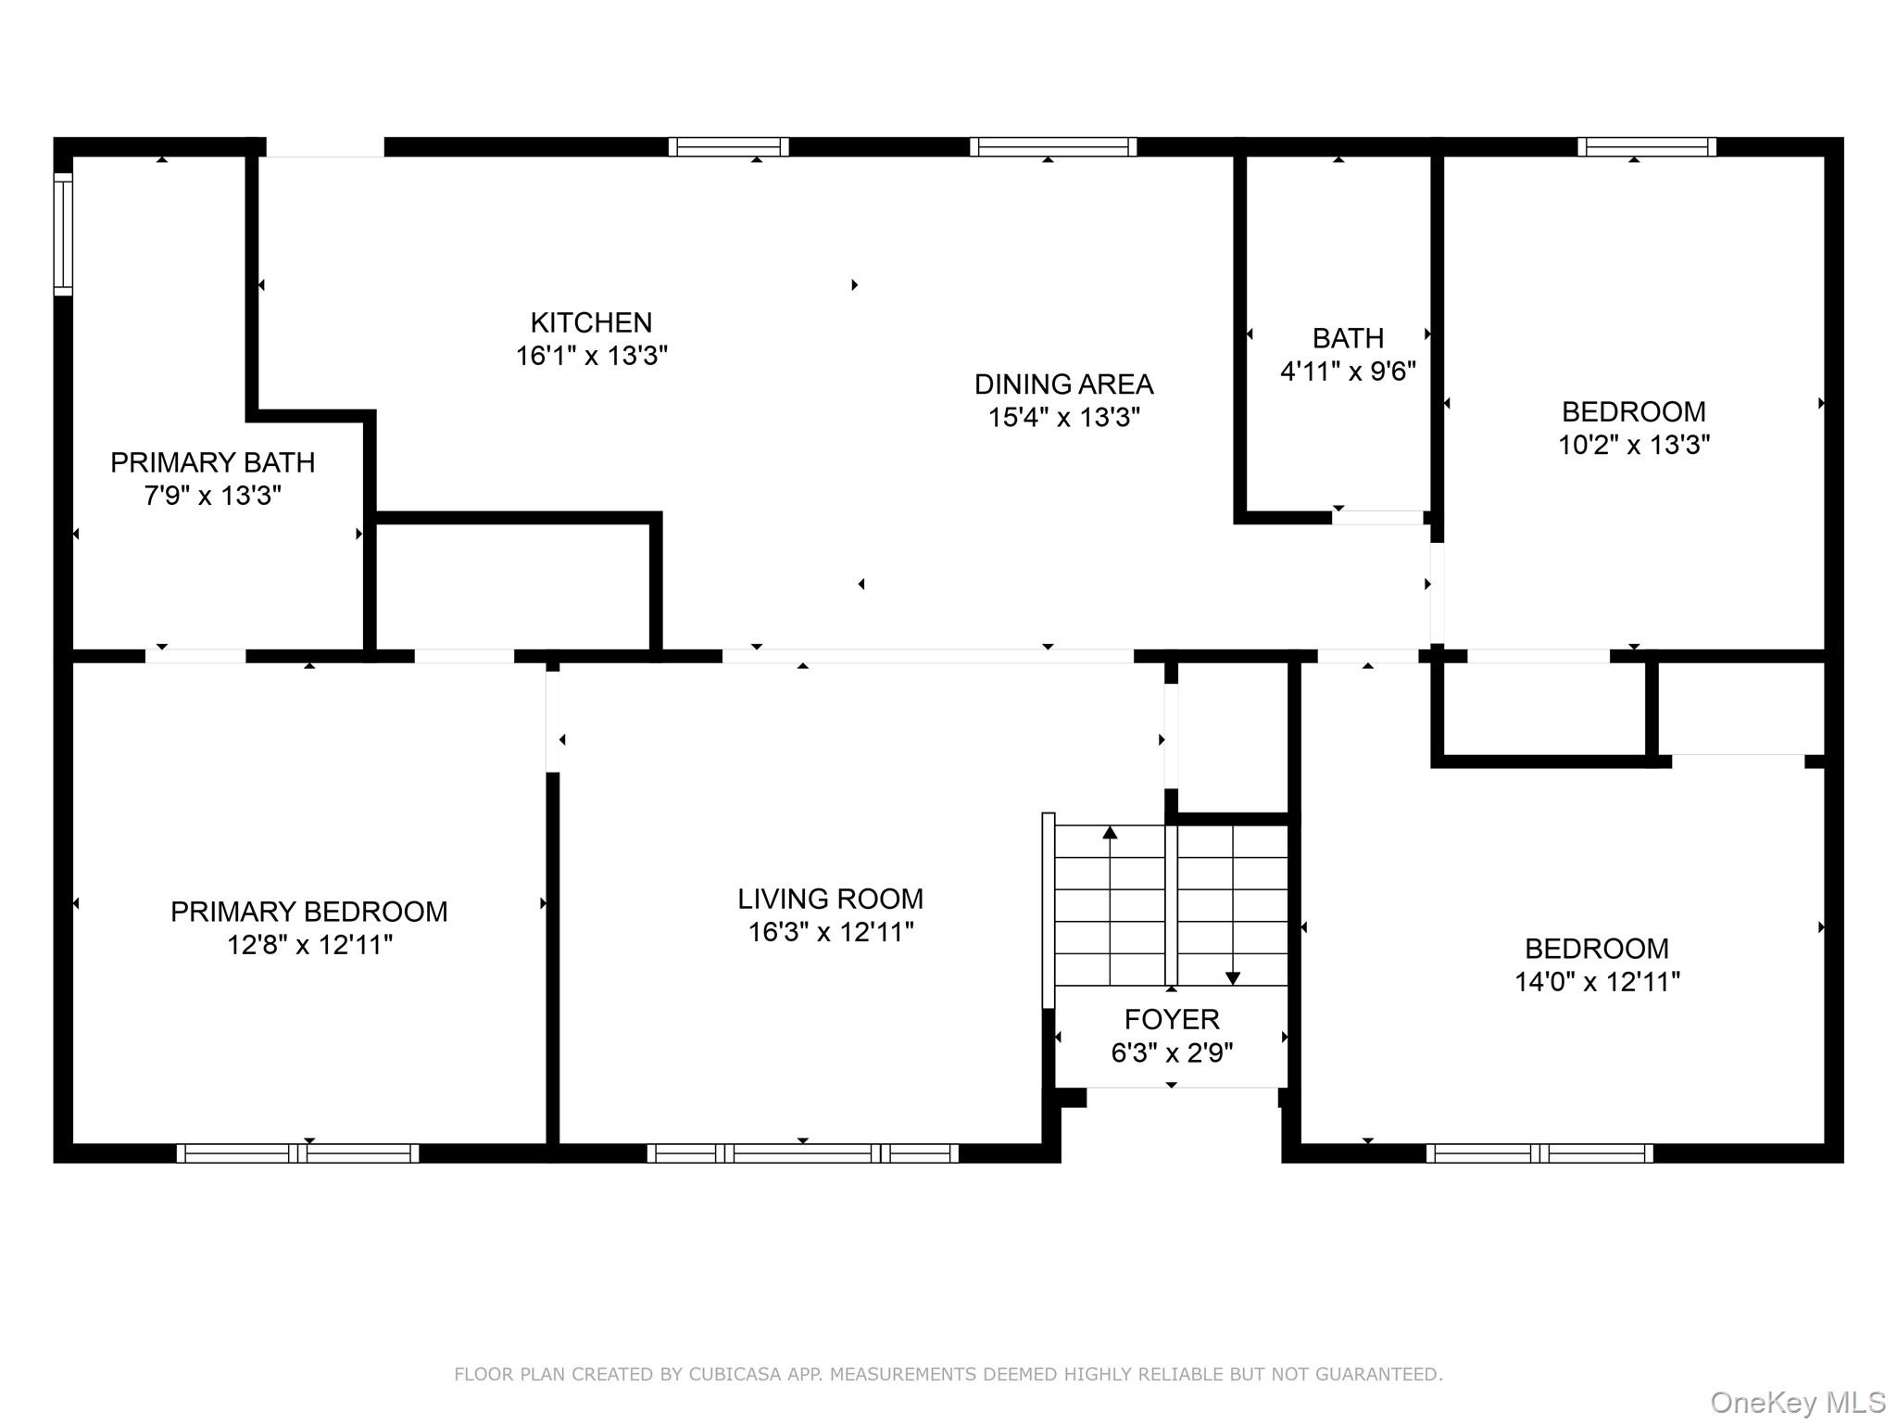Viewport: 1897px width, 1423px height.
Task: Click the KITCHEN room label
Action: (591, 322)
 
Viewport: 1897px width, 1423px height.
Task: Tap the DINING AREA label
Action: (1063, 384)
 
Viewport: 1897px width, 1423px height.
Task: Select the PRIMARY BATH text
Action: (212, 462)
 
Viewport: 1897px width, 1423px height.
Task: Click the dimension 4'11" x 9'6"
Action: (1348, 371)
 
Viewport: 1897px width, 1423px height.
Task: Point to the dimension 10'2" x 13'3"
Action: (1633, 445)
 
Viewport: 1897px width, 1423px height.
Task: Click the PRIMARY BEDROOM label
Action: (308, 912)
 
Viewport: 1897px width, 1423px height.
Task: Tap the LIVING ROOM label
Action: (830, 899)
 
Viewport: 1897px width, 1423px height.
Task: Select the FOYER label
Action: (1171, 1019)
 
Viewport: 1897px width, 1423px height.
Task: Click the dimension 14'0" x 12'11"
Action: (1597, 982)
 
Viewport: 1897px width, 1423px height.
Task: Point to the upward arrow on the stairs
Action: (1110, 833)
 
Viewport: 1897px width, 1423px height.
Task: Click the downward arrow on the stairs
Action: (1233, 977)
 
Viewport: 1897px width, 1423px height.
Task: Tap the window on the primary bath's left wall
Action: (63, 233)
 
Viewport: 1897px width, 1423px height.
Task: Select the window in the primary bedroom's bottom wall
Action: (297, 1153)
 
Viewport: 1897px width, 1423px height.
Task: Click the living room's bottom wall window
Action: (802, 1153)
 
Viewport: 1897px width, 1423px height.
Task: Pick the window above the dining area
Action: (1053, 146)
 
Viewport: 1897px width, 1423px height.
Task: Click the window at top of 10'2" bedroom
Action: (1647, 146)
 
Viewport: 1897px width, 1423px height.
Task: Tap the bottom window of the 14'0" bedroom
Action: (1539, 1153)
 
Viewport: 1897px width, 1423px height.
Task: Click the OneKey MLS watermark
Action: (1797, 1402)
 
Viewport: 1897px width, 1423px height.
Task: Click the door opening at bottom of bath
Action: (1378, 518)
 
